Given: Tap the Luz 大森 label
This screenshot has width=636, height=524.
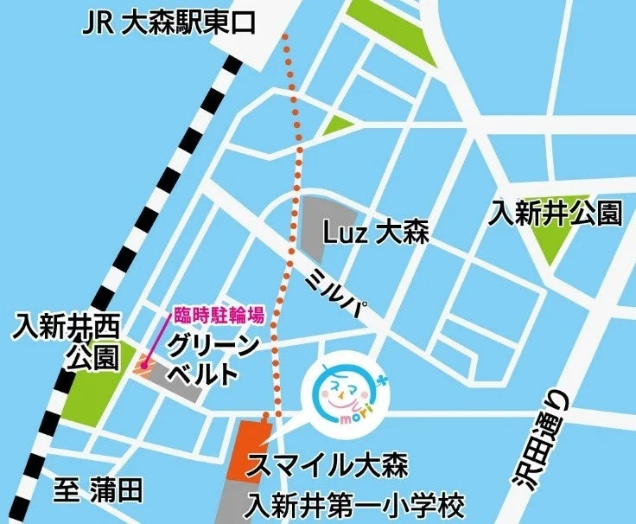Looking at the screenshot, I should pos(375,233).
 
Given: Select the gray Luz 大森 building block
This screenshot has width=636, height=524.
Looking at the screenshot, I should pos(324,227).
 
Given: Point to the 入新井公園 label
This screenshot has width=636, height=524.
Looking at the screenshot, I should pos(556,212).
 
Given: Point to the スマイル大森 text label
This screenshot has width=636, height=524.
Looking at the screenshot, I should pos(328,465).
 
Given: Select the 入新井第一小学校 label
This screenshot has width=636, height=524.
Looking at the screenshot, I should pos(355,505).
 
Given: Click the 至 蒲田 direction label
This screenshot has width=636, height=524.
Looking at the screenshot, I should pos(97,492).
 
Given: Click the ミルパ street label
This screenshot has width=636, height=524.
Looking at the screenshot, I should pos(341,294).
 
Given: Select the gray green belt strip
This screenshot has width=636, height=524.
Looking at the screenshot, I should pos(176,384).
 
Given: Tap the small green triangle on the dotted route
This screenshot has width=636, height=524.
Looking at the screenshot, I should pos(338,126).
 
